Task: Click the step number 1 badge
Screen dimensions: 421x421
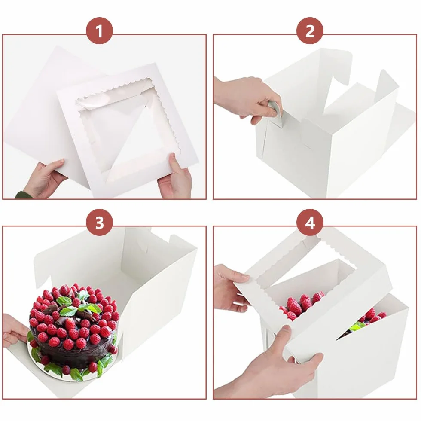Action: tap(99, 31)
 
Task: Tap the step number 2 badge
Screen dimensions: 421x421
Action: tap(310, 31)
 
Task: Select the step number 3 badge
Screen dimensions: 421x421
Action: tap(99, 223)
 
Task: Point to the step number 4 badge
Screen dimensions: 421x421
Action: tap(310, 223)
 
